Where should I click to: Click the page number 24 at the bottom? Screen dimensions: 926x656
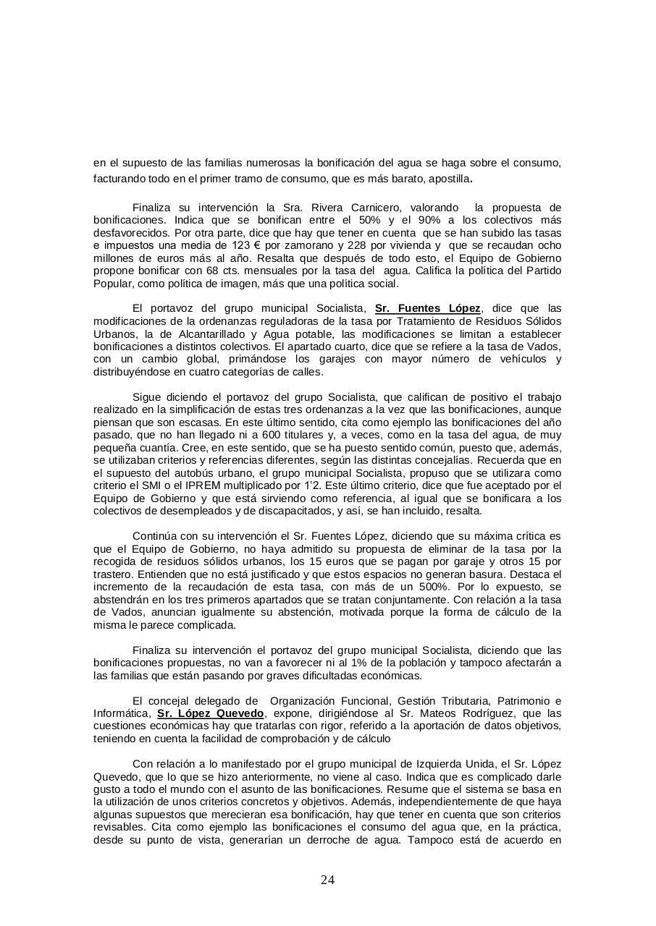pos(327,880)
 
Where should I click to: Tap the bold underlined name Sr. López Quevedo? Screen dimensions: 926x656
pos(210,713)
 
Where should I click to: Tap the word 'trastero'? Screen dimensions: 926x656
pos(114,574)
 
